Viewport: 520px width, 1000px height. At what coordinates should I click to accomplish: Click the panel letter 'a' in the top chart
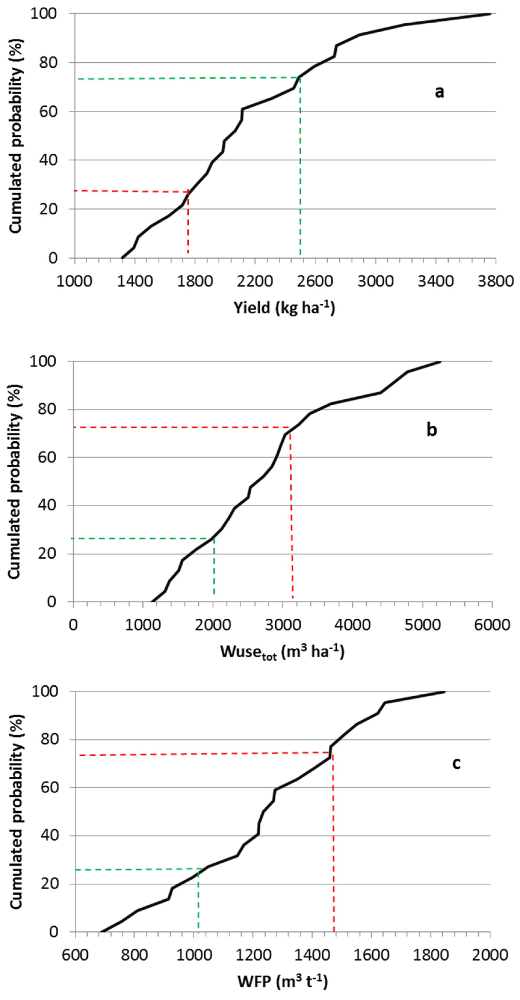coord(439,92)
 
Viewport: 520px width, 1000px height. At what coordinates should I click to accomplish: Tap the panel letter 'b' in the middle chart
coord(431,430)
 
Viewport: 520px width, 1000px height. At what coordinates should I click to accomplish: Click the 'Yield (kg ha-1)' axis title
coord(284,308)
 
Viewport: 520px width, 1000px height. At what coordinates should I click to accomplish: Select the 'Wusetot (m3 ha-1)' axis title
coord(282,652)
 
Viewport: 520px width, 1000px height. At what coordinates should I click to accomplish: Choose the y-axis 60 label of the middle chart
coord(47,457)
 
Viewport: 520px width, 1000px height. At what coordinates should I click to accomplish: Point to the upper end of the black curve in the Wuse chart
coord(440,362)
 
